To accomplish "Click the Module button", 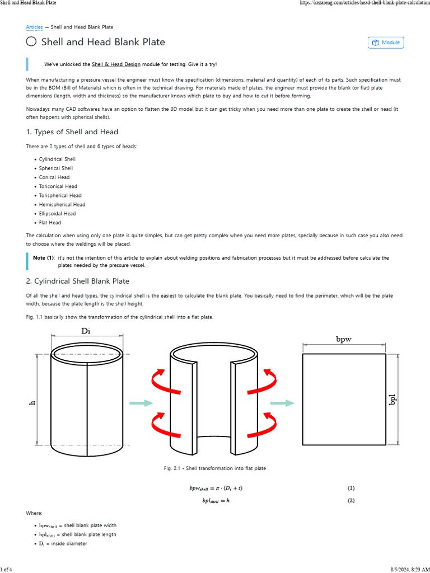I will [x=386, y=43].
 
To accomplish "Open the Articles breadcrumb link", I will [x=34, y=27].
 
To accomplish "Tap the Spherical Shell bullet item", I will [x=56, y=168].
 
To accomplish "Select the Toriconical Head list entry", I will [x=58, y=186].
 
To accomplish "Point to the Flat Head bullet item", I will [x=50, y=223].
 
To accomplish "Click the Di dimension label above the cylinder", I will [x=86, y=331].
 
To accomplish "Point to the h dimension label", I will [x=32, y=403].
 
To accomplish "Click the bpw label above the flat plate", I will [x=344, y=339].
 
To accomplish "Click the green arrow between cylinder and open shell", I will [x=141, y=403].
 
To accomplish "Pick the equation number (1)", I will [x=350, y=488].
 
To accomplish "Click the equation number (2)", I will [x=350, y=501].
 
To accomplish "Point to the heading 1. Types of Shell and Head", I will [x=72, y=132].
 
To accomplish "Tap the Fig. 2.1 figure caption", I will [x=214, y=468].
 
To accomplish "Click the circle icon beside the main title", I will [x=31, y=42].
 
